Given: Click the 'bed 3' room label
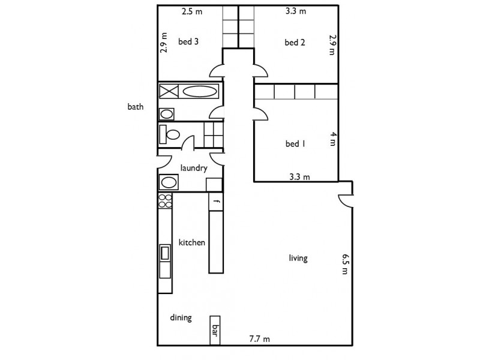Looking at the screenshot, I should [x=188, y=42].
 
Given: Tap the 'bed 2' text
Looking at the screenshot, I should [x=295, y=42].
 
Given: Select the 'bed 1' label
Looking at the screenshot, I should [x=295, y=144].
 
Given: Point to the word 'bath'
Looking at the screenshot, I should [x=136, y=107].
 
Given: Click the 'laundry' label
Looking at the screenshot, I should [x=194, y=169].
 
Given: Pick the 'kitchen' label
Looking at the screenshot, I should [x=192, y=243].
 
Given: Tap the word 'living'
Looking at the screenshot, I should [x=298, y=259].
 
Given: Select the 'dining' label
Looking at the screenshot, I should [x=181, y=318].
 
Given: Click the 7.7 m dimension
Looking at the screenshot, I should [x=260, y=339].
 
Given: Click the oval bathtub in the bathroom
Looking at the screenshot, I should [x=200, y=92].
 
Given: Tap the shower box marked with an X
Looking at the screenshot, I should [x=168, y=92].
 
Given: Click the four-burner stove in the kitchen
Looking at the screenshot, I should [x=165, y=201].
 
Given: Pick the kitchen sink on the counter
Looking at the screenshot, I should [x=165, y=253].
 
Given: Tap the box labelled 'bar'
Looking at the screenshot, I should [x=214, y=330].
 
